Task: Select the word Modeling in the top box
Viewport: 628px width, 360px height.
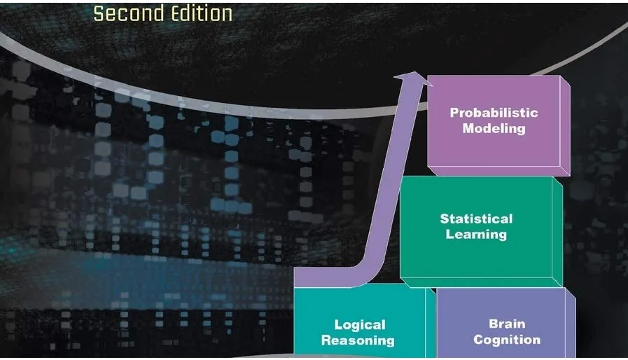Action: tap(494, 128)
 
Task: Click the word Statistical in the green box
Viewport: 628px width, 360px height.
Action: tap(476, 219)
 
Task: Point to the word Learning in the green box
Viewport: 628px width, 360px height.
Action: tap(476, 233)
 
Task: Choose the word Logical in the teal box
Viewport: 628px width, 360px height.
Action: tap(360, 325)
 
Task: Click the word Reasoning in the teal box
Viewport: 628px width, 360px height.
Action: tap(358, 341)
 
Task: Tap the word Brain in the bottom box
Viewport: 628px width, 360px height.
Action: tap(507, 324)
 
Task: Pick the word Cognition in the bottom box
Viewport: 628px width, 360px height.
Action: tap(507, 340)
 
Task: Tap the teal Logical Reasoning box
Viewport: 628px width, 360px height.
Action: tap(358, 308)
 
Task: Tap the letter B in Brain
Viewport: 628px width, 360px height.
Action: tap(493, 324)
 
